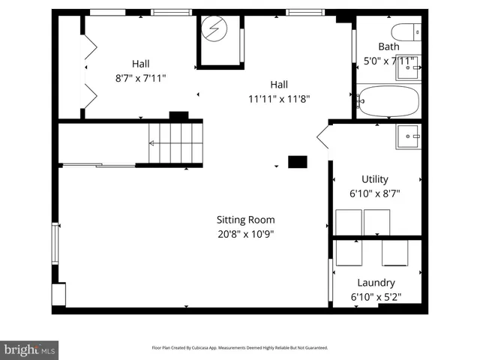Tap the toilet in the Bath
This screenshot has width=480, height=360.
(406, 32)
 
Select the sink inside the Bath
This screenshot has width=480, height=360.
(409, 70)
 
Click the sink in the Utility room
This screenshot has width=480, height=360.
(409, 136)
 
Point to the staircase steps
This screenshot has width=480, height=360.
(175, 142)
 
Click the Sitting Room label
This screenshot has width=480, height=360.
(245, 220)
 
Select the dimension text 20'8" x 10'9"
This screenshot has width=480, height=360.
(245, 233)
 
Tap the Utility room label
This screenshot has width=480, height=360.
(375, 179)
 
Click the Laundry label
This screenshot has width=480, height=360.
(376, 283)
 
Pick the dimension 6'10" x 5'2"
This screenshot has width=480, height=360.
(376, 297)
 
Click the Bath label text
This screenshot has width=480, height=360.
(388, 46)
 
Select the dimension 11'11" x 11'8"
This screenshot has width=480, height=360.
(279, 98)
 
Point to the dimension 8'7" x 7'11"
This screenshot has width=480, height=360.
(140, 77)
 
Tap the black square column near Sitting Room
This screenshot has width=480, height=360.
(298, 161)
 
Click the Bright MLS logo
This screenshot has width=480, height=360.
(30, 349)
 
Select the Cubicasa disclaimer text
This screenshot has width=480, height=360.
(239, 348)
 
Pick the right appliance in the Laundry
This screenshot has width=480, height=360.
(394, 253)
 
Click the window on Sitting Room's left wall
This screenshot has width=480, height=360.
(55, 244)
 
